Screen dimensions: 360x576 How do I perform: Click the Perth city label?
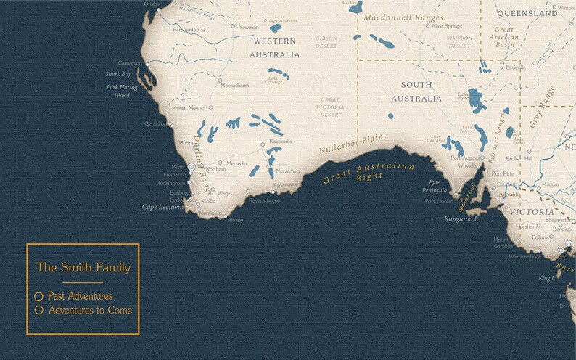click(x=178, y=167)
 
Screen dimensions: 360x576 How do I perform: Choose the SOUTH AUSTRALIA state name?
click(x=416, y=91)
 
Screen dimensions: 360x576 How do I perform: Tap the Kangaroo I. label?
click(x=461, y=218)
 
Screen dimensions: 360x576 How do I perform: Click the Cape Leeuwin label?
click(x=162, y=208)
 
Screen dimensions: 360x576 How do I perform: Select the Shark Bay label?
click(x=118, y=74)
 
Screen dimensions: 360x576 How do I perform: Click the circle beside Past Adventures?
click(x=39, y=296)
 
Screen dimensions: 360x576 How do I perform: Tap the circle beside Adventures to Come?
click(x=39, y=311)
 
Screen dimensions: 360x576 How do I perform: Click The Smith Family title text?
click(x=83, y=268)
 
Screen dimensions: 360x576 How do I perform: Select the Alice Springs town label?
click(x=447, y=26)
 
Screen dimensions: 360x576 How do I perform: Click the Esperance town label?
click(x=285, y=186)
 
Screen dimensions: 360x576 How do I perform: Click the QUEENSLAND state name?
click(x=527, y=13)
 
